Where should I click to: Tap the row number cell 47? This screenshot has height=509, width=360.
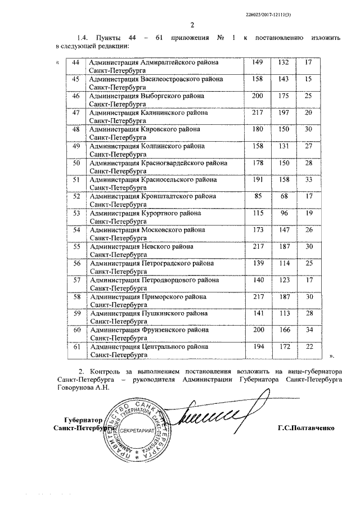tap(76, 113)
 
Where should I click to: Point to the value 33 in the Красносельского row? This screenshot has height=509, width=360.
tap(308, 180)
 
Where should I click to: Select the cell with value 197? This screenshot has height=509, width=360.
tap(283, 113)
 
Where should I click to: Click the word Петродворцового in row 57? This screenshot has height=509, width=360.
tap(179, 280)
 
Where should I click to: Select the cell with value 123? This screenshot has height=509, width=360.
tap(283, 280)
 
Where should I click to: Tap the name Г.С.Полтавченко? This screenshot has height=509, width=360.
tap(305, 428)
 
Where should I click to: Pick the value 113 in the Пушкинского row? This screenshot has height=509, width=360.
tap(283, 314)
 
